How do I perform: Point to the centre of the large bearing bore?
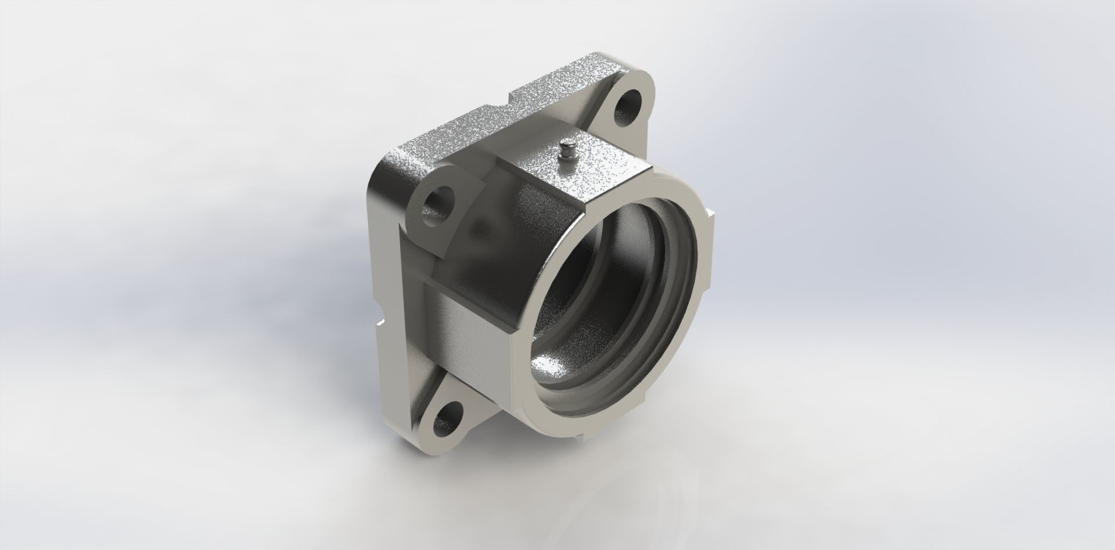pyautogui.click(x=616, y=302)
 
